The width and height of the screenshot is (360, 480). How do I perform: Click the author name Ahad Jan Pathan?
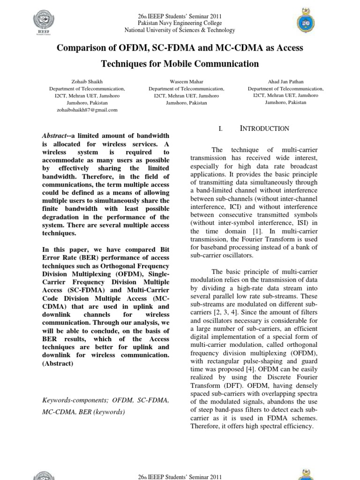coord(285,82)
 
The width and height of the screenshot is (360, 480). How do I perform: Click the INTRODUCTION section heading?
coord(265,128)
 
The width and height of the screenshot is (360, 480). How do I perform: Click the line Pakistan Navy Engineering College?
coord(180,23)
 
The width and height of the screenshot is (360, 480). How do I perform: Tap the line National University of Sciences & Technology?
coord(180,30)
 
